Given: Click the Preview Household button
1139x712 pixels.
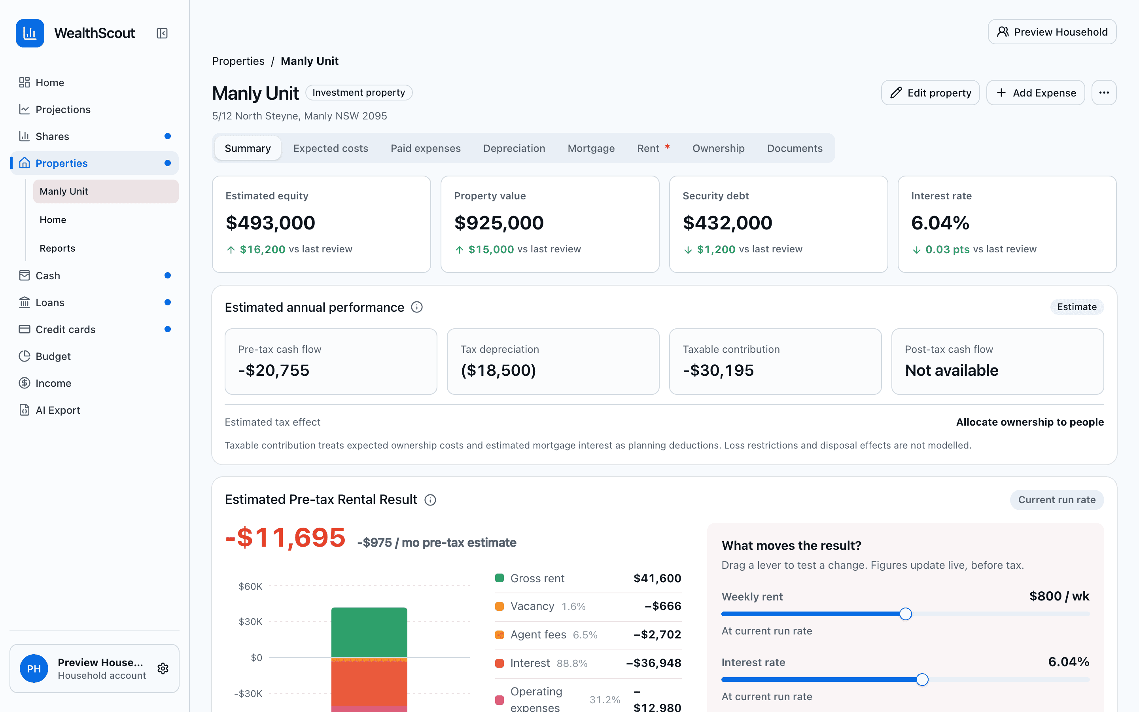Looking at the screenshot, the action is click(1052, 32).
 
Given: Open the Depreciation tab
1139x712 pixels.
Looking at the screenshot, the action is click(514, 148).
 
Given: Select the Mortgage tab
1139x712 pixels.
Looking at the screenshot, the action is click(591, 148).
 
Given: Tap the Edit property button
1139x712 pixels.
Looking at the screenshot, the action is click(931, 93).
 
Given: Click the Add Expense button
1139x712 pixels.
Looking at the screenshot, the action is click(1035, 93).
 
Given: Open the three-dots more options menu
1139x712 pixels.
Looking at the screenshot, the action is click(1104, 93).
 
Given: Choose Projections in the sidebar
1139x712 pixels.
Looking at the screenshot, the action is click(63, 109).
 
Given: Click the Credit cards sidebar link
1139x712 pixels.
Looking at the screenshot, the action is click(65, 329).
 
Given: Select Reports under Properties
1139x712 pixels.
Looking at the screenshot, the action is click(57, 248).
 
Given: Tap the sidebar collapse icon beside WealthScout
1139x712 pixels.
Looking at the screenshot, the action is click(162, 33).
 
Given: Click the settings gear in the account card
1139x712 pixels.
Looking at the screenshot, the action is click(163, 668).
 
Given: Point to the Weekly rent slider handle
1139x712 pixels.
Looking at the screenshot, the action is click(906, 614).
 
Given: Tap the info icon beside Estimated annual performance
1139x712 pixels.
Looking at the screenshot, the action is click(416, 307).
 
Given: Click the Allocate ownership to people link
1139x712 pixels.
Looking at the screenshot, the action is click(1030, 422).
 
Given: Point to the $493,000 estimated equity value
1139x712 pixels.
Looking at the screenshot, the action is click(270, 223).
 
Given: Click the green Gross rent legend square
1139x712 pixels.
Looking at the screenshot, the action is click(499, 578).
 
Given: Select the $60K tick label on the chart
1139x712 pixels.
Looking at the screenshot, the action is click(250, 586).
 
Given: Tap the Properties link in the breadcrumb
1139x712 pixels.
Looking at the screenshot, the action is click(238, 61).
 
